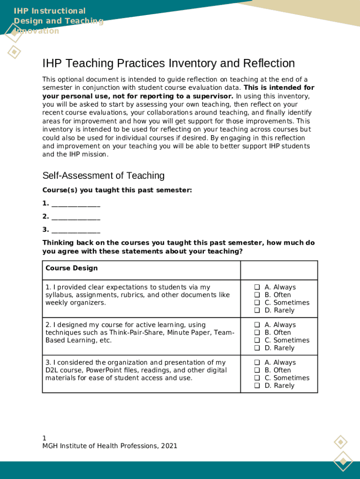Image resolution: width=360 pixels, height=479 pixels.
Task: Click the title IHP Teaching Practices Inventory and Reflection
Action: pos(168,63)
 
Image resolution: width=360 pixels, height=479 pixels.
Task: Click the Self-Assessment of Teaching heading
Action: pos(103,175)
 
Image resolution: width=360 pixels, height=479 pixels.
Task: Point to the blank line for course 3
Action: pos(76,230)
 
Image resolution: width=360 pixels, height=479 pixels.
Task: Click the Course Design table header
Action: pos(72,268)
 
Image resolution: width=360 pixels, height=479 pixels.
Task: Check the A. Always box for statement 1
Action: pos(257,287)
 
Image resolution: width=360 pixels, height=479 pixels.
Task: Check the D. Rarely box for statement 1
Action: pos(257,310)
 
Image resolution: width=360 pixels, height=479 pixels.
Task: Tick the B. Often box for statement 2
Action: pos(257,333)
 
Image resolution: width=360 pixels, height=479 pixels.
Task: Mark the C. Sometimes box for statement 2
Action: pos(257,340)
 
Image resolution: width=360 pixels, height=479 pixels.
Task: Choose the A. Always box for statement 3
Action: pos(257,363)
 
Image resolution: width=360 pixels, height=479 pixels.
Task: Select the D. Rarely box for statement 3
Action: pos(257,385)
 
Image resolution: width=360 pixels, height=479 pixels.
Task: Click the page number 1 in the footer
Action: pos(44,438)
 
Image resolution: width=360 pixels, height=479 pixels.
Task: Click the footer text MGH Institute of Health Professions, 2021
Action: pos(110,446)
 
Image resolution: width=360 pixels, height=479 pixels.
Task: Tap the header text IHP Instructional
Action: pos(50,11)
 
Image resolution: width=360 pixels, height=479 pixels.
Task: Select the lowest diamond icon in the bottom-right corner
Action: pos(343,461)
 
